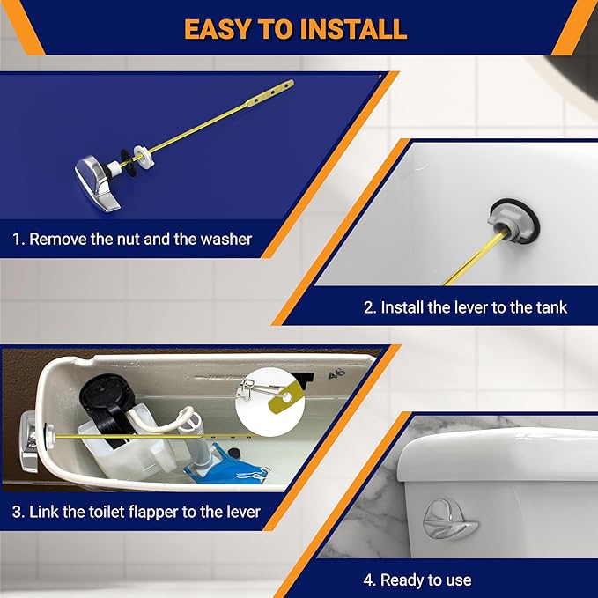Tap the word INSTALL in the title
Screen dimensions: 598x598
pyautogui.click(x=357, y=29)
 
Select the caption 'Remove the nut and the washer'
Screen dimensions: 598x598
pyautogui.click(x=132, y=239)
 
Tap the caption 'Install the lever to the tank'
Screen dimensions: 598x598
pyautogui.click(x=465, y=307)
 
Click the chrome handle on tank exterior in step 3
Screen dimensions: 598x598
pyautogui.click(x=30, y=434)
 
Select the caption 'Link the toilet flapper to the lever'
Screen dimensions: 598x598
pyautogui.click(x=137, y=511)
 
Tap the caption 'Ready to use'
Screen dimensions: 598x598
pyautogui.click(x=417, y=580)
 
